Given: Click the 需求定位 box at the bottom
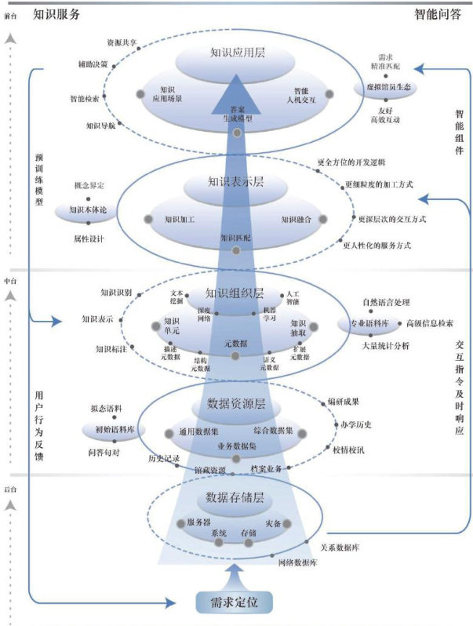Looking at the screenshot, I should coord(235,602).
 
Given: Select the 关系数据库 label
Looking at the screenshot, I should coord(340,547).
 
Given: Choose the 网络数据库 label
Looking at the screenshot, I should coord(297,562).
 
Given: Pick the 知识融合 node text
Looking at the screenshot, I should coord(296,220).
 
